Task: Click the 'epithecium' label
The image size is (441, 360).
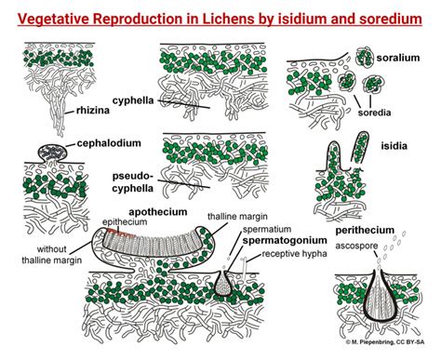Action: coord(119,221)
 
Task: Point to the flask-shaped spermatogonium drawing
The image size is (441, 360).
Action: coord(225,283)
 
